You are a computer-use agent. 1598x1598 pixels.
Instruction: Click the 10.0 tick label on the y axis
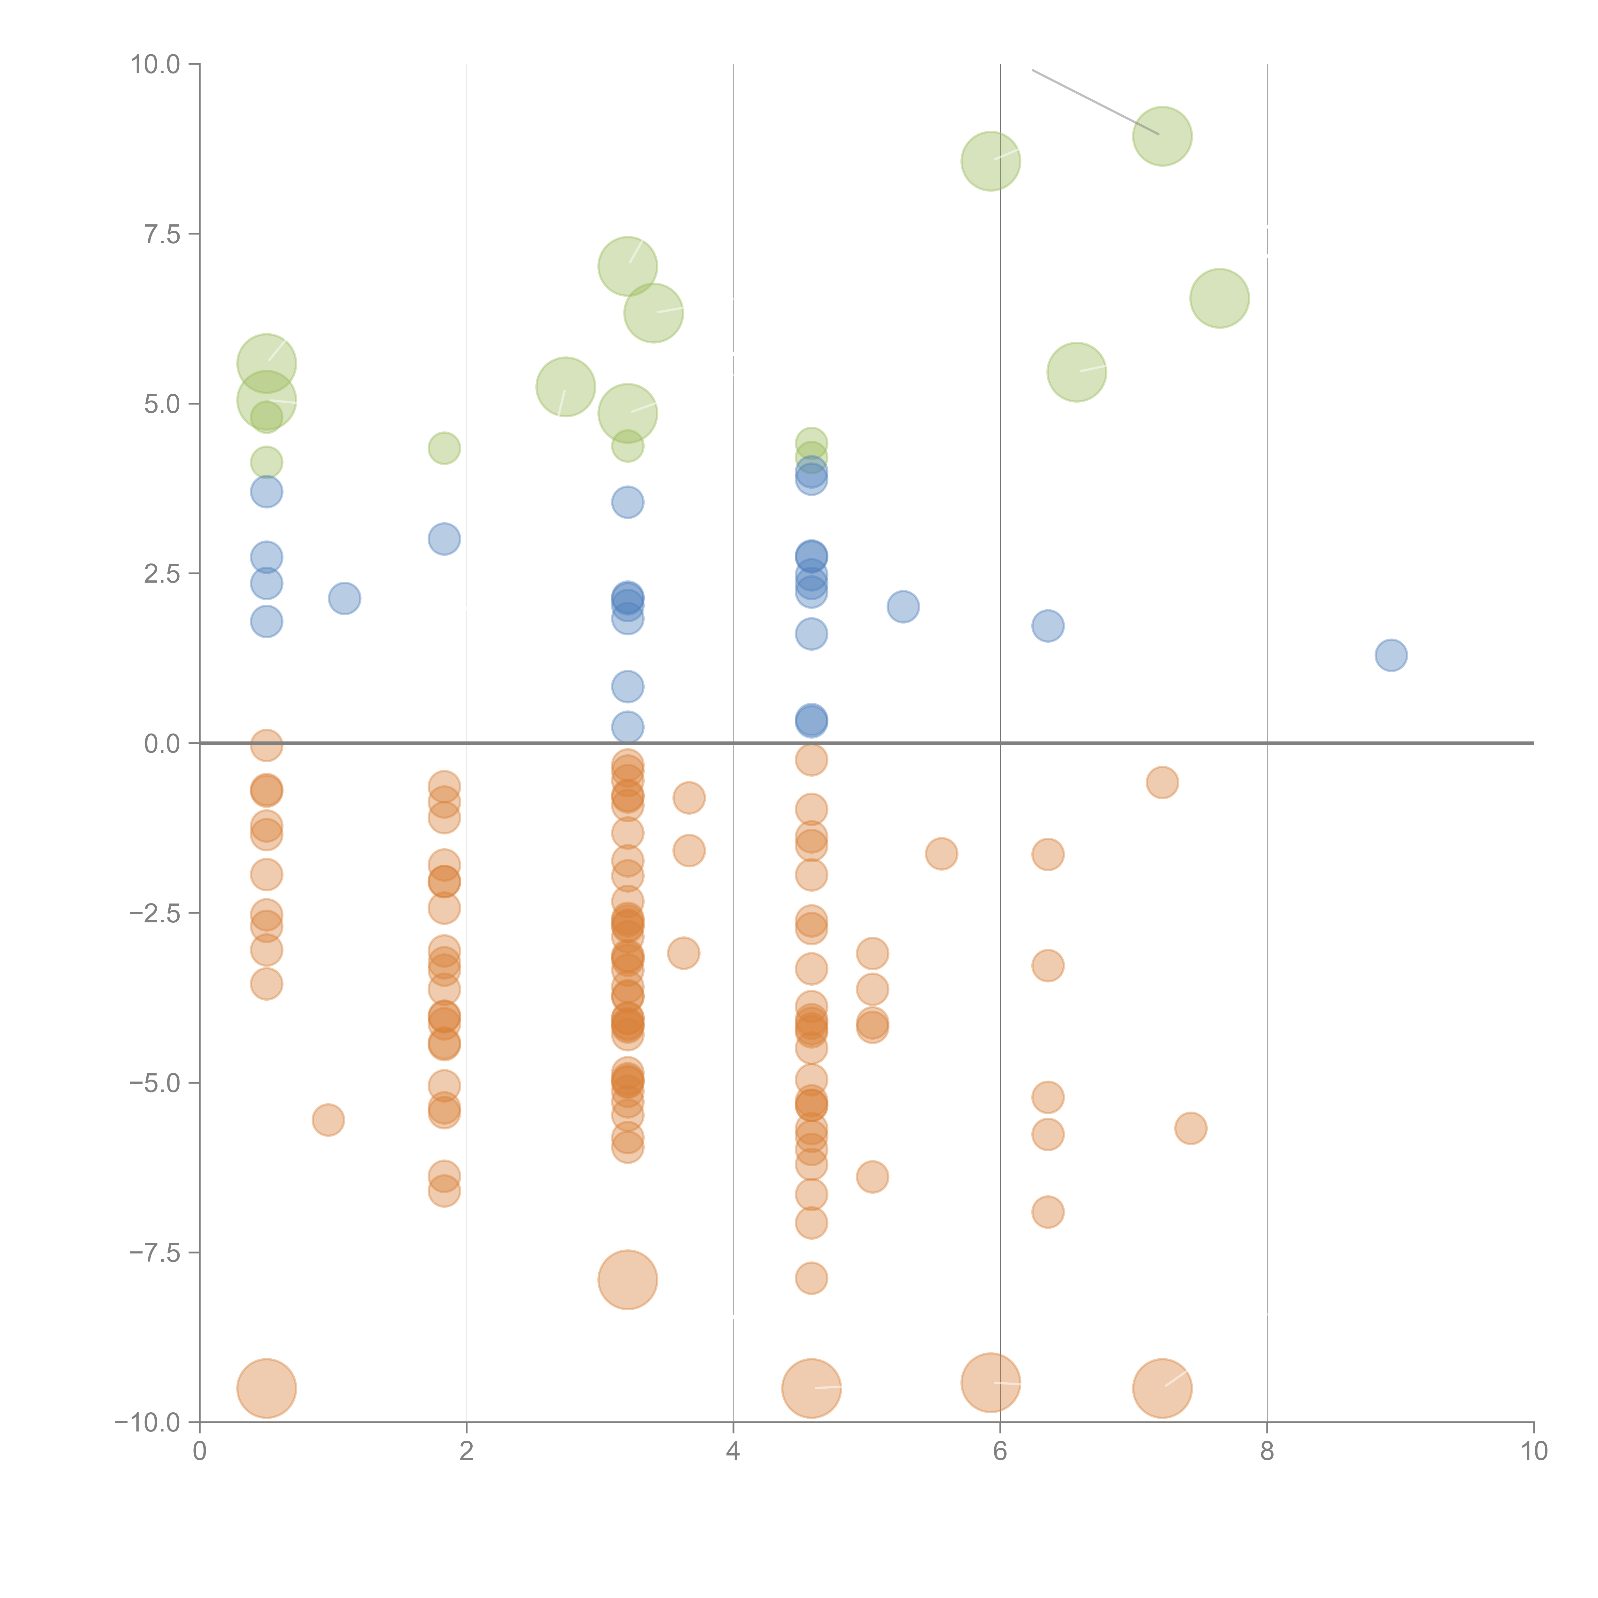[156, 65]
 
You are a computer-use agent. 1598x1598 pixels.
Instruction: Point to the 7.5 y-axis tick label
[162, 234]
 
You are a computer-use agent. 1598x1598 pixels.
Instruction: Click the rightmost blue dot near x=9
[1391, 655]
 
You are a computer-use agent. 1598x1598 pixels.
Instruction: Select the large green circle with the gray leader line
[1162, 136]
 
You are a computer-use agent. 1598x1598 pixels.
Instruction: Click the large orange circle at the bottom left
[266, 1388]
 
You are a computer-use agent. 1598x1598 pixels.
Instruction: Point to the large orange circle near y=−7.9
[628, 1280]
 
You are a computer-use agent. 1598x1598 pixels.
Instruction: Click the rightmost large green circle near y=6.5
[1219, 299]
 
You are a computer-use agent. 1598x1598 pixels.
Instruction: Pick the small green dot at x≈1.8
[444, 448]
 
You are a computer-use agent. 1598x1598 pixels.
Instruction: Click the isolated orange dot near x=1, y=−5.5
[328, 1120]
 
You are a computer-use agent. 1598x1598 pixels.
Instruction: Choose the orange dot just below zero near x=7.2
[1162, 782]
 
